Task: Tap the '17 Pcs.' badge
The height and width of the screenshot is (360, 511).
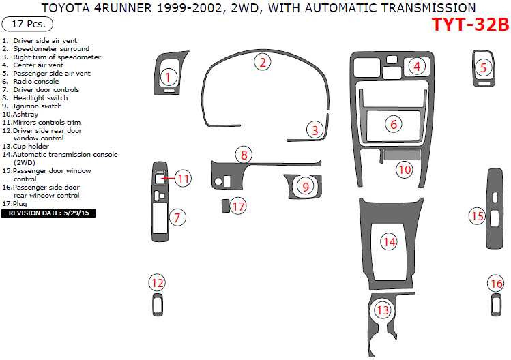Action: coord(26,25)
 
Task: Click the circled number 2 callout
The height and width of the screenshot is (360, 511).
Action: coord(263,63)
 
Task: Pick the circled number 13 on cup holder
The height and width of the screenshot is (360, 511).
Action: coord(383,310)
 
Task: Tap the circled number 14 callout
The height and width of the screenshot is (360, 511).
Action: coord(389,241)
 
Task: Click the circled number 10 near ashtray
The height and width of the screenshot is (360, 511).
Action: coord(405,169)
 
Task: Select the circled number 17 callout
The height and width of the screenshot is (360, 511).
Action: coord(237,205)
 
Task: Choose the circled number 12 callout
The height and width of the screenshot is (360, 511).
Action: coord(158,282)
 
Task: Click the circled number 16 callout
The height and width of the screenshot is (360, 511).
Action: coord(496,283)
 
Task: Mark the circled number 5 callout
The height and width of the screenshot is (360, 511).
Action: coord(483,67)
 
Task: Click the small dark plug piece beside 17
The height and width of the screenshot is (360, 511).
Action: coord(224,205)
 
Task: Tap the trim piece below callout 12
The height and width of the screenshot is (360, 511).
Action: coord(158,305)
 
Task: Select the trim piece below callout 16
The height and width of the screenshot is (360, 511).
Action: coord(496,305)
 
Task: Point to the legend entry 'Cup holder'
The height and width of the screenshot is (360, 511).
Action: coord(31,147)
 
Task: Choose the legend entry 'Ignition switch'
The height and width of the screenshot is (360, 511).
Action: coord(37,106)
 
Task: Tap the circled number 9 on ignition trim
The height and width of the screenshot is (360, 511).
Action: coord(306,186)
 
